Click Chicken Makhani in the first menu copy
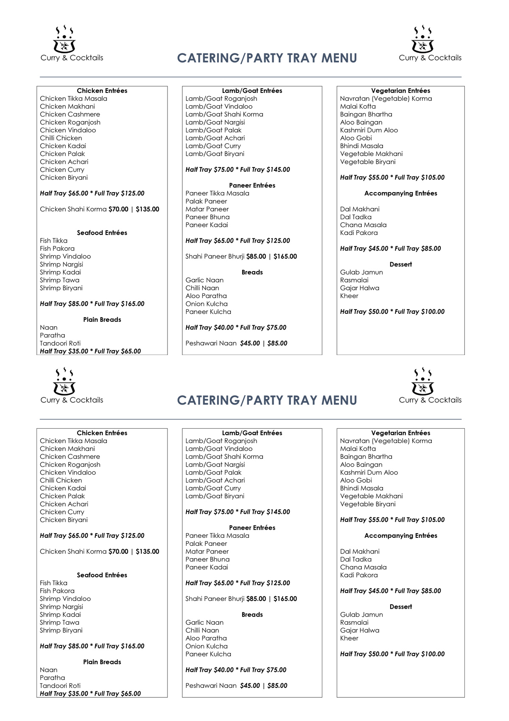coord(67,106)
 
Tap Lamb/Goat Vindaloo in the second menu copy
coord(219,449)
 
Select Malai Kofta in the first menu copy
coord(358,106)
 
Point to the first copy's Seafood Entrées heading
coord(102,233)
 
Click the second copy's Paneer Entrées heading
coord(252,528)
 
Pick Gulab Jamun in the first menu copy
coord(361,272)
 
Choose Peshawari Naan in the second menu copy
coord(211,686)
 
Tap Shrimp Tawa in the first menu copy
coord(59,280)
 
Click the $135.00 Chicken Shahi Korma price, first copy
coord(148,209)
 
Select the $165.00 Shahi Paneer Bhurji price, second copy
coord(285,599)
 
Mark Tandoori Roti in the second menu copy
coord(60,686)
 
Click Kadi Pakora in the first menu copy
coord(359,233)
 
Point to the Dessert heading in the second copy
coord(400,607)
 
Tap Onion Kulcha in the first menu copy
coord(207,304)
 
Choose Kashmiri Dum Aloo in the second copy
coord(369,472)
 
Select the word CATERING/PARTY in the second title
coord(229,400)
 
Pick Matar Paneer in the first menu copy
coord(207,209)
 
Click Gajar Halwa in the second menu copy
coord(360,631)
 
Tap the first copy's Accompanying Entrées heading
coord(400,193)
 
